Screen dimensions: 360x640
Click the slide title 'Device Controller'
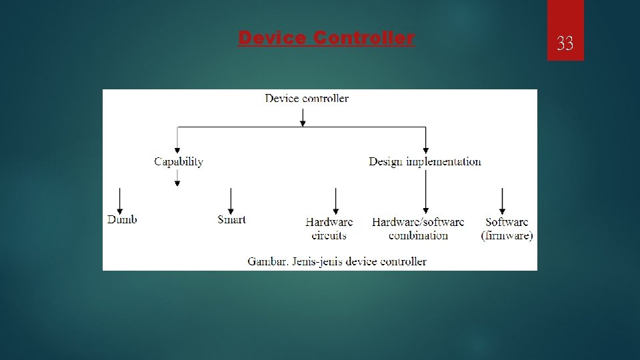point(326,39)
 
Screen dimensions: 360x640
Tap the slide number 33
point(565,44)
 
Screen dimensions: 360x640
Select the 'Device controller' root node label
point(307,99)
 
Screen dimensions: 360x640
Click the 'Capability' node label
point(179,161)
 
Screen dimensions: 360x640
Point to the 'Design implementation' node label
point(425,161)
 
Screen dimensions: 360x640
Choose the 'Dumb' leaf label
point(122,219)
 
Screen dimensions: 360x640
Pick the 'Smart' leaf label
point(231,219)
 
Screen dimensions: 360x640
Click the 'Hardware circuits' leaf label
point(329,228)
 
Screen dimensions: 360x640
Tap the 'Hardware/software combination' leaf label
point(418,228)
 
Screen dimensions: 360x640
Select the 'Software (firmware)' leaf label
point(507,228)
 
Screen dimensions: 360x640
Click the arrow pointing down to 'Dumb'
point(120,200)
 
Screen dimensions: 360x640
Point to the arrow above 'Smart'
point(231,200)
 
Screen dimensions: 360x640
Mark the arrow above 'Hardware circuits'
point(335,200)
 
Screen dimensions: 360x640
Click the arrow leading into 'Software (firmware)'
point(502,200)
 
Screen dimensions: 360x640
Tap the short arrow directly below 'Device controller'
point(303,117)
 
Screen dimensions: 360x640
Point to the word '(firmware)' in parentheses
point(507,235)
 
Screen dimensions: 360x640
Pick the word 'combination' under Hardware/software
point(418,235)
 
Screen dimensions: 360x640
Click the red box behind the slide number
point(565,17)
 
